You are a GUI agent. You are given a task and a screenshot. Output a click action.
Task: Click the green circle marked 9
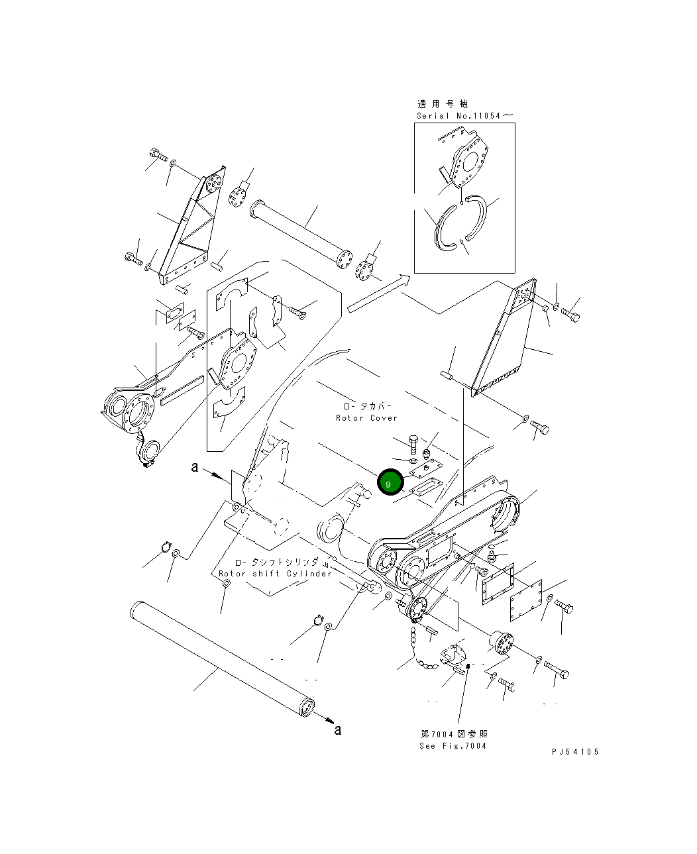pyautogui.click(x=390, y=483)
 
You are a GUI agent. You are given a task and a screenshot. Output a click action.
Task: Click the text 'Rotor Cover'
pyautogui.click(x=366, y=418)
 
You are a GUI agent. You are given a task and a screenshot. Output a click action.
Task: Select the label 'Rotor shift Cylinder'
pyautogui.click(x=275, y=574)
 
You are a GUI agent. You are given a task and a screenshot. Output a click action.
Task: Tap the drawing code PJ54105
pyautogui.click(x=574, y=752)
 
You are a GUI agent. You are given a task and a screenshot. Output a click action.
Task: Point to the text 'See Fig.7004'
pyautogui.click(x=453, y=746)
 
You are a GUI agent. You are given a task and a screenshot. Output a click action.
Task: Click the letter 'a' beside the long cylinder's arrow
pyautogui.click(x=338, y=729)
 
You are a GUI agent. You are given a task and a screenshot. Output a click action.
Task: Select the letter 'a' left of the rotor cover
pyautogui.click(x=195, y=467)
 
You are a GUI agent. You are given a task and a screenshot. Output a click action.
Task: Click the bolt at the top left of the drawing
pyautogui.click(x=158, y=155)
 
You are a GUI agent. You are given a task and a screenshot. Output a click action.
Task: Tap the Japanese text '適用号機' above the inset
pyautogui.click(x=443, y=104)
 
